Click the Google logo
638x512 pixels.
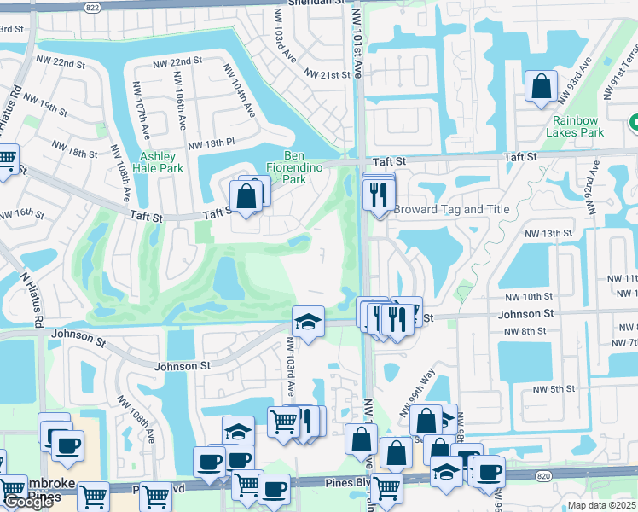(28, 502)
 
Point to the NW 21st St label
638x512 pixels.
(323, 75)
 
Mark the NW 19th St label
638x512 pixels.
(45, 107)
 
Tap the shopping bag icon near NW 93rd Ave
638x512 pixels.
(541, 87)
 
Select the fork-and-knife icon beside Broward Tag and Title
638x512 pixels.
(378, 195)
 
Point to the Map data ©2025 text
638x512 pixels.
(602, 505)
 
